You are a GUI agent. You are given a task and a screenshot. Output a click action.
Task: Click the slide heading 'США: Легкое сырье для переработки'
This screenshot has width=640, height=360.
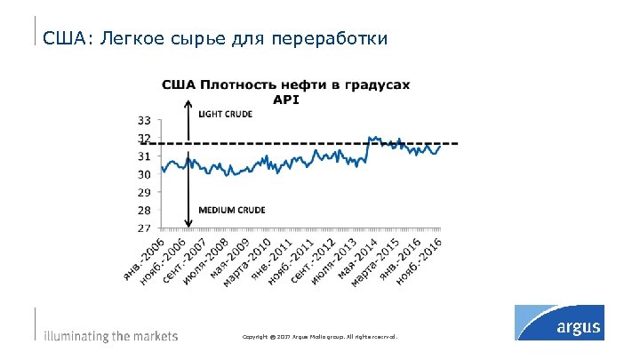(x=215, y=39)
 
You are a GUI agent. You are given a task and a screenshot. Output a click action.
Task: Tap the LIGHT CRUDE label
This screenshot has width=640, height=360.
(x=225, y=115)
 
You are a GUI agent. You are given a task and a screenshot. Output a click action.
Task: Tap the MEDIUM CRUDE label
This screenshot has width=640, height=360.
(x=231, y=210)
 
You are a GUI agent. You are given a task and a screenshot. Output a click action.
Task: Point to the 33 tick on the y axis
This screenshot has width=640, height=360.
(x=143, y=119)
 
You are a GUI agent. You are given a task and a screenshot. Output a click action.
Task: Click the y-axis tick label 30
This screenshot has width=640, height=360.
(x=143, y=174)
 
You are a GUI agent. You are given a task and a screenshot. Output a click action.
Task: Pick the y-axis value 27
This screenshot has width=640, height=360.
(x=143, y=228)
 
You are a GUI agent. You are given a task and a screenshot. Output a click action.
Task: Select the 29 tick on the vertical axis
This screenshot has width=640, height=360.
(x=143, y=192)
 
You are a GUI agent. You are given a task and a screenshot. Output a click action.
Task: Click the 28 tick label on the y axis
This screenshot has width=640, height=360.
(x=143, y=211)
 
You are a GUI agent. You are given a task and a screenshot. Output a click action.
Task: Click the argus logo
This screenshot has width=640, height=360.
(x=559, y=322)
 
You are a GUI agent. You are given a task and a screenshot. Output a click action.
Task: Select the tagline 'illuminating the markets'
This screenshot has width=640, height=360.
(x=111, y=337)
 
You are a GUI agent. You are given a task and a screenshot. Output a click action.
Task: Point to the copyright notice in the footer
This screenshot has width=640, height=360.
(x=320, y=338)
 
